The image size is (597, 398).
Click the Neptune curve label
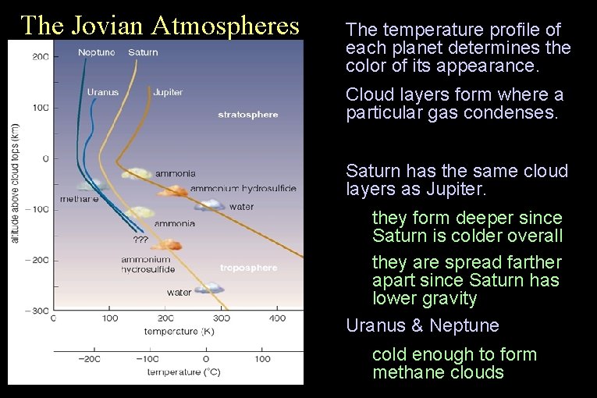click(96, 52)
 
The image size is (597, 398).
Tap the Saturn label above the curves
click(142, 52)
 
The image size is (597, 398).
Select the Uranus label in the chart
click(103, 92)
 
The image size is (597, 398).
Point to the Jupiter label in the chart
click(168, 92)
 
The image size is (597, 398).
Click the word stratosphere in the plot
click(247, 115)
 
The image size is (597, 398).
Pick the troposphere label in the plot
click(248, 268)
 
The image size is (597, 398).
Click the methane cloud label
click(79, 199)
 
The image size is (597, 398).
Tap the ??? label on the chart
click(140, 239)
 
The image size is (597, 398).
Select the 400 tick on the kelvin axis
click(277, 318)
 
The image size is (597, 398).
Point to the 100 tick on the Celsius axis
click(262, 359)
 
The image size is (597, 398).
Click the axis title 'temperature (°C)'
click(183, 372)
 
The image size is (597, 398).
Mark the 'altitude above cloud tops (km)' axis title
click(15, 182)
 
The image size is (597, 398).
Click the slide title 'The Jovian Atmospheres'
click(160, 25)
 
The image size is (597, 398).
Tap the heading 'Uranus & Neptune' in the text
click(422, 325)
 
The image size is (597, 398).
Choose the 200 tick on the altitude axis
click(41, 57)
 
